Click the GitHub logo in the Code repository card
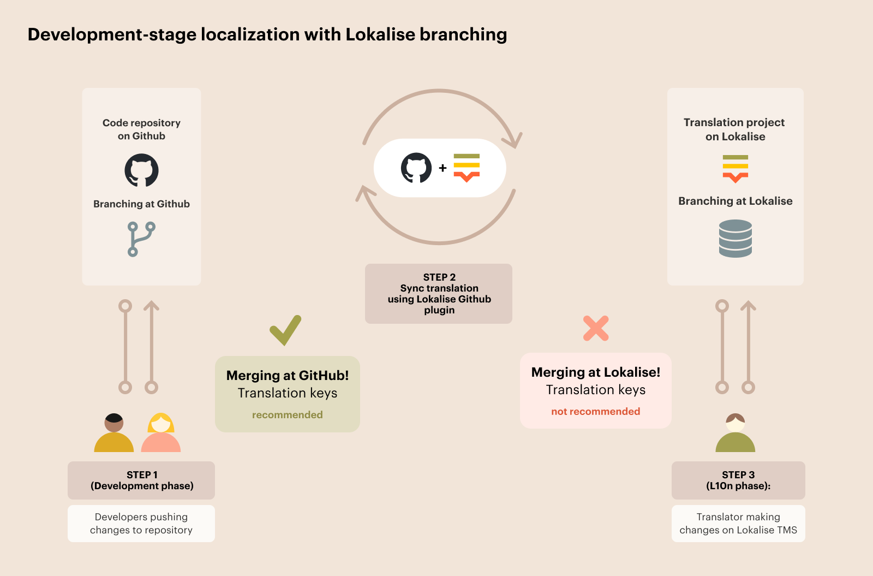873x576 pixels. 141,170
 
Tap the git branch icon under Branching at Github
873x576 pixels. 141,239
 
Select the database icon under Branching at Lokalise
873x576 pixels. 735,239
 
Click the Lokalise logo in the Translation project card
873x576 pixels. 735,168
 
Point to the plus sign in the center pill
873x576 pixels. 443,168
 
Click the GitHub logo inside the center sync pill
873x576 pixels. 416,168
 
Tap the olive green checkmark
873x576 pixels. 285,330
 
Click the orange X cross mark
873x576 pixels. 595,328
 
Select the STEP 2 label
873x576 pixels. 439,277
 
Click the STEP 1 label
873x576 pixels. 142,475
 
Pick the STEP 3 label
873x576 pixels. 738,475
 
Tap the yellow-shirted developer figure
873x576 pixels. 113,434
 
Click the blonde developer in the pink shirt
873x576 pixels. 161,434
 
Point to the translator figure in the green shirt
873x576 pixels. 735,434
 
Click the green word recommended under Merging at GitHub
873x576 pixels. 287,415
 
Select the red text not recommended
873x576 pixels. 595,412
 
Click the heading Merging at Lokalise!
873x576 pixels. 595,372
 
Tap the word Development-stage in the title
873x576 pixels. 112,34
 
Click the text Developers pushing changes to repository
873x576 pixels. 141,524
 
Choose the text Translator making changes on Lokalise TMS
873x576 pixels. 738,524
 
